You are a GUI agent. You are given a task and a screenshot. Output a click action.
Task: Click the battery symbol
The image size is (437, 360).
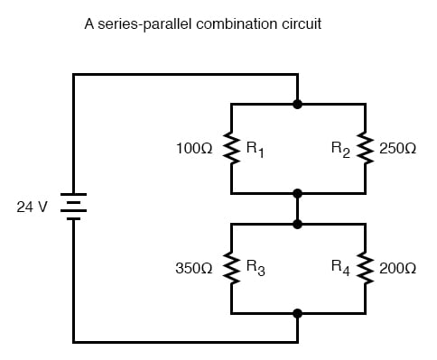(x=73, y=207)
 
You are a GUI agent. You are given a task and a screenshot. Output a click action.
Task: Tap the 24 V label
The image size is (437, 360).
(x=33, y=207)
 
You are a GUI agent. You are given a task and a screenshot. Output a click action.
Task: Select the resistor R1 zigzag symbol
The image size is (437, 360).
(x=231, y=148)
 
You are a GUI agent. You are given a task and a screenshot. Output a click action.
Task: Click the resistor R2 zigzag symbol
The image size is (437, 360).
(x=365, y=148)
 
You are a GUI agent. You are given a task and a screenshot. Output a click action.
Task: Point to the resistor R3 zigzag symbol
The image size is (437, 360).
(x=231, y=268)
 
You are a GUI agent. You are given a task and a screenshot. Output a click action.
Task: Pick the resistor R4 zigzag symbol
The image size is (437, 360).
(x=365, y=268)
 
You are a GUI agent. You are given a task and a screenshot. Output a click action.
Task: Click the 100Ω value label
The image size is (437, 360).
(x=195, y=146)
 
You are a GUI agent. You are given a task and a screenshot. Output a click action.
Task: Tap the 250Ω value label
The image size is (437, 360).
(x=398, y=146)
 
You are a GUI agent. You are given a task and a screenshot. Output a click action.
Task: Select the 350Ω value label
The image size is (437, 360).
(x=195, y=268)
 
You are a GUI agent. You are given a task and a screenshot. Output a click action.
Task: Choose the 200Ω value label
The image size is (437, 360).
(x=398, y=268)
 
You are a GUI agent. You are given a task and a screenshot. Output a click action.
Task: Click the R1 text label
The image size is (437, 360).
(x=256, y=148)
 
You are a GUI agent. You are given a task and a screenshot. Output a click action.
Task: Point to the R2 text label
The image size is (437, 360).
(x=340, y=148)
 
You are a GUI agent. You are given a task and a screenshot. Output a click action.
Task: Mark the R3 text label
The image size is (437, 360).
(x=256, y=269)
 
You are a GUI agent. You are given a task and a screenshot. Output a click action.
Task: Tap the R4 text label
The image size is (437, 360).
(x=340, y=269)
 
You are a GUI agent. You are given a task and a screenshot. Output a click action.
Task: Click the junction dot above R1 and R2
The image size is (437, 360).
(x=298, y=104)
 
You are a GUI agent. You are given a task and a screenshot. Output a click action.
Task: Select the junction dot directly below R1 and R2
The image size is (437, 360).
(x=298, y=193)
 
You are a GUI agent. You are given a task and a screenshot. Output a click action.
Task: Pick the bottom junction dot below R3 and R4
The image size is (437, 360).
(x=298, y=313)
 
